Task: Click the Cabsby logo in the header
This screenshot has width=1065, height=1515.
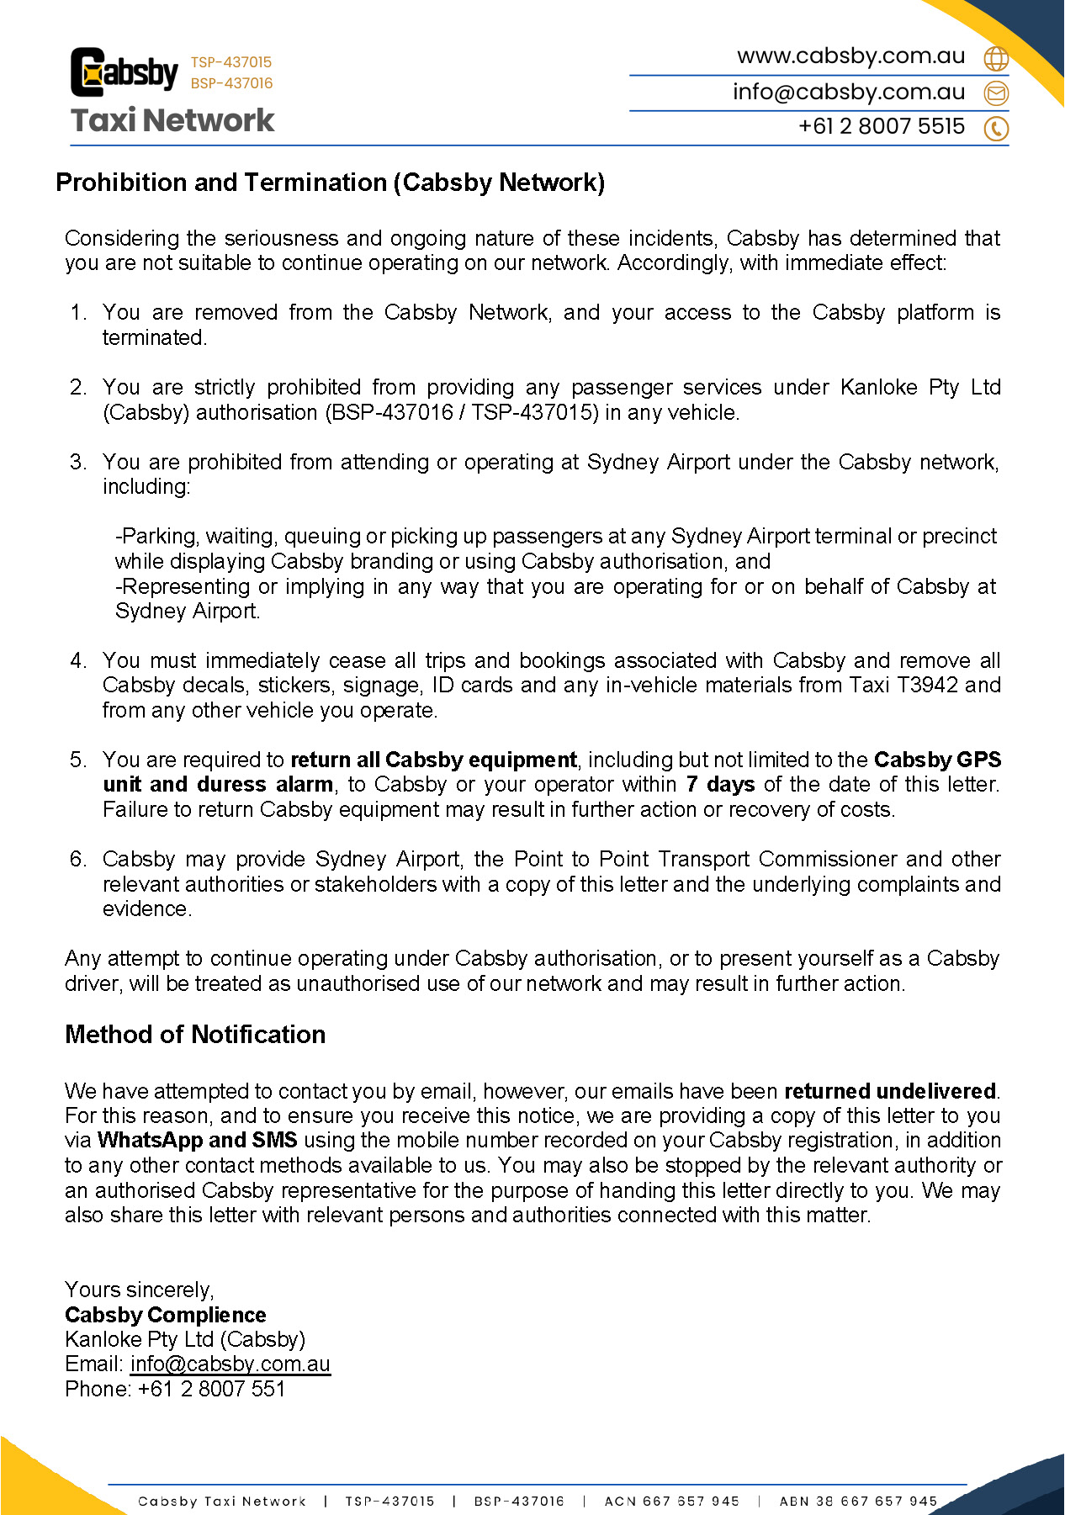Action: [125, 72]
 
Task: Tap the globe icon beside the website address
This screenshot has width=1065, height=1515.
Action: [996, 58]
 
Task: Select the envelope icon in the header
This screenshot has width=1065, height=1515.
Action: [996, 93]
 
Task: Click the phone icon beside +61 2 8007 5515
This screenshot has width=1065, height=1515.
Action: [996, 128]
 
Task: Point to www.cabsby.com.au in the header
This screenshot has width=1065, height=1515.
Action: [850, 56]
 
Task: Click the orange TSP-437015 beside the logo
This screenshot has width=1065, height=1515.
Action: [231, 62]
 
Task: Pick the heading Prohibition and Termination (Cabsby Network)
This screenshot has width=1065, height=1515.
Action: [331, 183]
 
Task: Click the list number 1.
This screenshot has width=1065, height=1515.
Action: [78, 313]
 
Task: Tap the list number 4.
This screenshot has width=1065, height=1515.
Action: [78, 661]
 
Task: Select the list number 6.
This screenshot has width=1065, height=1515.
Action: [78, 860]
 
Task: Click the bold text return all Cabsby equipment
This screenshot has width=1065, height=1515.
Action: [434, 760]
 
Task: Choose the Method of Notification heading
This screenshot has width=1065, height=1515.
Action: [195, 1035]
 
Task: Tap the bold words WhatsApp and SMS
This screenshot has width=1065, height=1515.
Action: [198, 1141]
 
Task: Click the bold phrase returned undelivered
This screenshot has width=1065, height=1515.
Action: [890, 1092]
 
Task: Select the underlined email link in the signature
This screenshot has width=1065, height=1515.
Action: [230, 1364]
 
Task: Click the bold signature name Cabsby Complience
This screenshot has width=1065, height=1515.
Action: [166, 1315]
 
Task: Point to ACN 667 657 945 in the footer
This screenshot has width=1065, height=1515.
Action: [671, 1501]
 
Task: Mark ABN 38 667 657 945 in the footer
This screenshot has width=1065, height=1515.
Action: [858, 1501]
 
